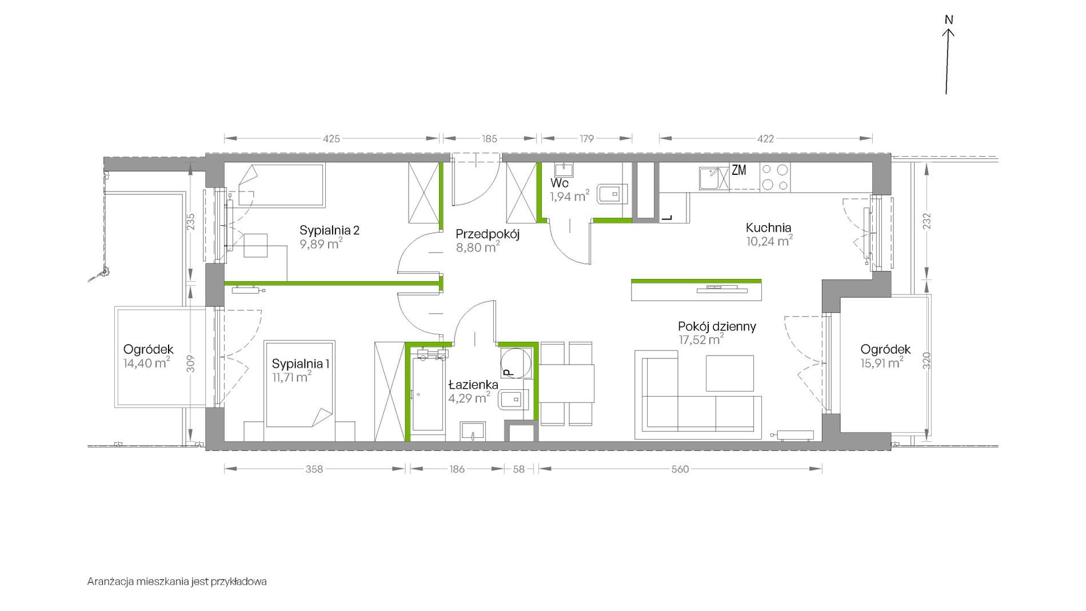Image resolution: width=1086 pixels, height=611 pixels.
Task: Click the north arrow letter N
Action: (x=949, y=20)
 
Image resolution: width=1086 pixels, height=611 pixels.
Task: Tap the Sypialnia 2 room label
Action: (x=329, y=230)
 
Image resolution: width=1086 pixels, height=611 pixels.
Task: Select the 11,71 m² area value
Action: (x=292, y=376)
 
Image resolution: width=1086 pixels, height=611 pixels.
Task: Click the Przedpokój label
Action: (x=488, y=234)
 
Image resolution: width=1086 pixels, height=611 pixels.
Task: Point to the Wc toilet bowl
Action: (x=612, y=194)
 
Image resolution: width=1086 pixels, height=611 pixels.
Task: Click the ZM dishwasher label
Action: (x=738, y=170)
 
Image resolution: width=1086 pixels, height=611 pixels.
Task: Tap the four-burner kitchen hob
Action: (x=774, y=177)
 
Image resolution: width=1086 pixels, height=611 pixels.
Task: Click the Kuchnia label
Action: (x=768, y=227)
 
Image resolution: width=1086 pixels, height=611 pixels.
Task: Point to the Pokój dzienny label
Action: (x=717, y=326)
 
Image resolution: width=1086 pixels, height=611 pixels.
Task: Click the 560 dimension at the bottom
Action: (x=680, y=469)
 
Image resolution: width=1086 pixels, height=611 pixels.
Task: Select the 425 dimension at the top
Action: (x=332, y=138)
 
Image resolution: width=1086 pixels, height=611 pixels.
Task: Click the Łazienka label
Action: (x=473, y=385)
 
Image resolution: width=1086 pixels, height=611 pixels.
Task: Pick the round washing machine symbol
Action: (x=516, y=362)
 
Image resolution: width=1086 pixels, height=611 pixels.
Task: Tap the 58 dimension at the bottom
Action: (x=518, y=469)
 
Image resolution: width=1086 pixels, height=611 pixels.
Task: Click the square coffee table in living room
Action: (x=729, y=373)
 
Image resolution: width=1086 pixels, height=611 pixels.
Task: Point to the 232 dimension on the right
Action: (x=927, y=221)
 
